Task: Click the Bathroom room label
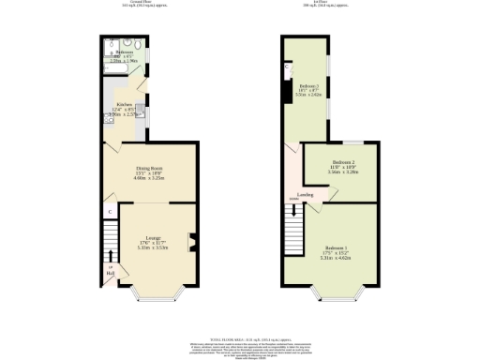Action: [124, 52]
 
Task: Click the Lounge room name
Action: [149, 237]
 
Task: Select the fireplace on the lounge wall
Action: [191, 242]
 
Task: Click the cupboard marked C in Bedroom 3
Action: [287, 67]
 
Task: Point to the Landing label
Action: [306, 194]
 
